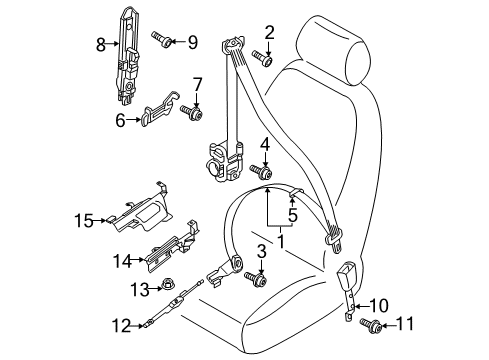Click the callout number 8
[x=101, y=44]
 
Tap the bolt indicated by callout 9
[x=162, y=39]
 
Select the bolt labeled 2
[x=263, y=58]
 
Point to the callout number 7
[x=197, y=84]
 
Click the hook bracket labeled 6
[x=161, y=108]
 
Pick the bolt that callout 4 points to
[x=262, y=171]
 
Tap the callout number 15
[x=84, y=221]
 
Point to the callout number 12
[x=121, y=325]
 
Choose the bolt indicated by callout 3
[x=255, y=279]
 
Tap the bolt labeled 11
[x=371, y=325]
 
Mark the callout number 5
[x=292, y=215]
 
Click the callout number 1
[x=281, y=242]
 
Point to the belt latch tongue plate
[x=334, y=240]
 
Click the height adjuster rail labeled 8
[x=127, y=55]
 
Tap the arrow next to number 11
[x=388, y=325]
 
